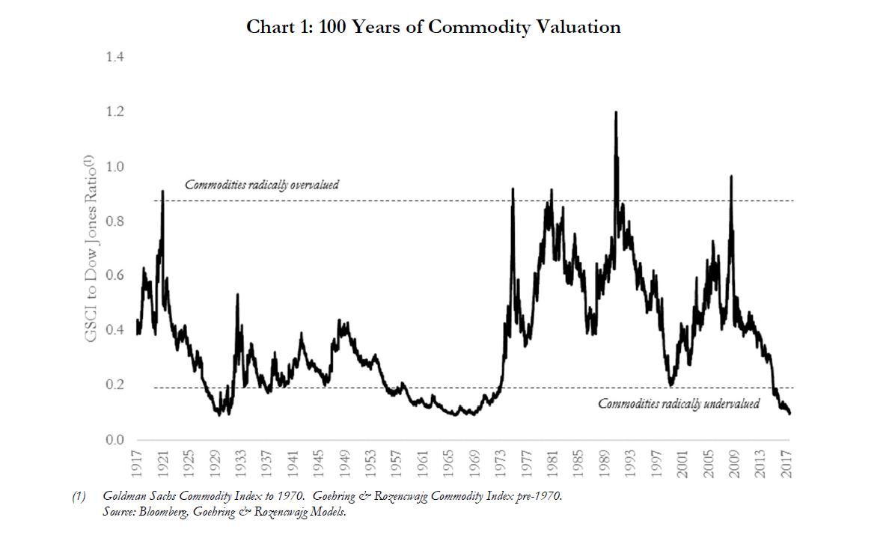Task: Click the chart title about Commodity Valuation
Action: point(434,27)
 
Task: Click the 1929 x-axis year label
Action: point(217,464)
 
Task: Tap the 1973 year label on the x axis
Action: point(501,464)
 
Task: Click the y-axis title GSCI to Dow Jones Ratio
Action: point(90,248)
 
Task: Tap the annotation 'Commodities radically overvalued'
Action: point(262,185)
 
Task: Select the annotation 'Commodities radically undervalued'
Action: point(679,404)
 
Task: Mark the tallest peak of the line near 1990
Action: point(616,112)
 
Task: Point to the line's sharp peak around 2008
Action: point(731,177)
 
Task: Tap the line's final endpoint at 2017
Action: point(790,413)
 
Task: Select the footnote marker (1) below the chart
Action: point(78,496)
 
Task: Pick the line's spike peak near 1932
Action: point(237,294)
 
